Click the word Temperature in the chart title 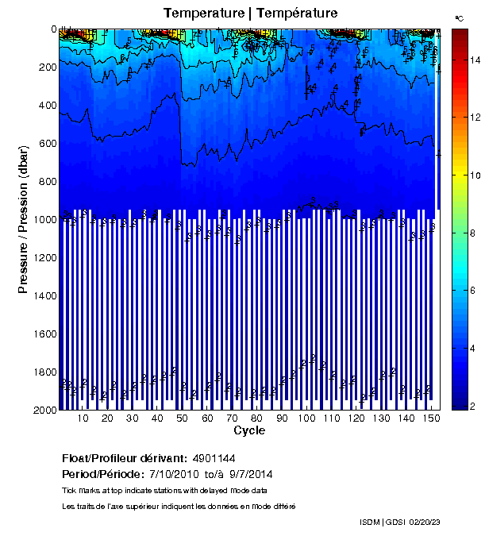[202, 13]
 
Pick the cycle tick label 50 [182, 418]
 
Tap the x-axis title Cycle [249, 431]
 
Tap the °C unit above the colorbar [460, 17]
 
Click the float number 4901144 [215, 459]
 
